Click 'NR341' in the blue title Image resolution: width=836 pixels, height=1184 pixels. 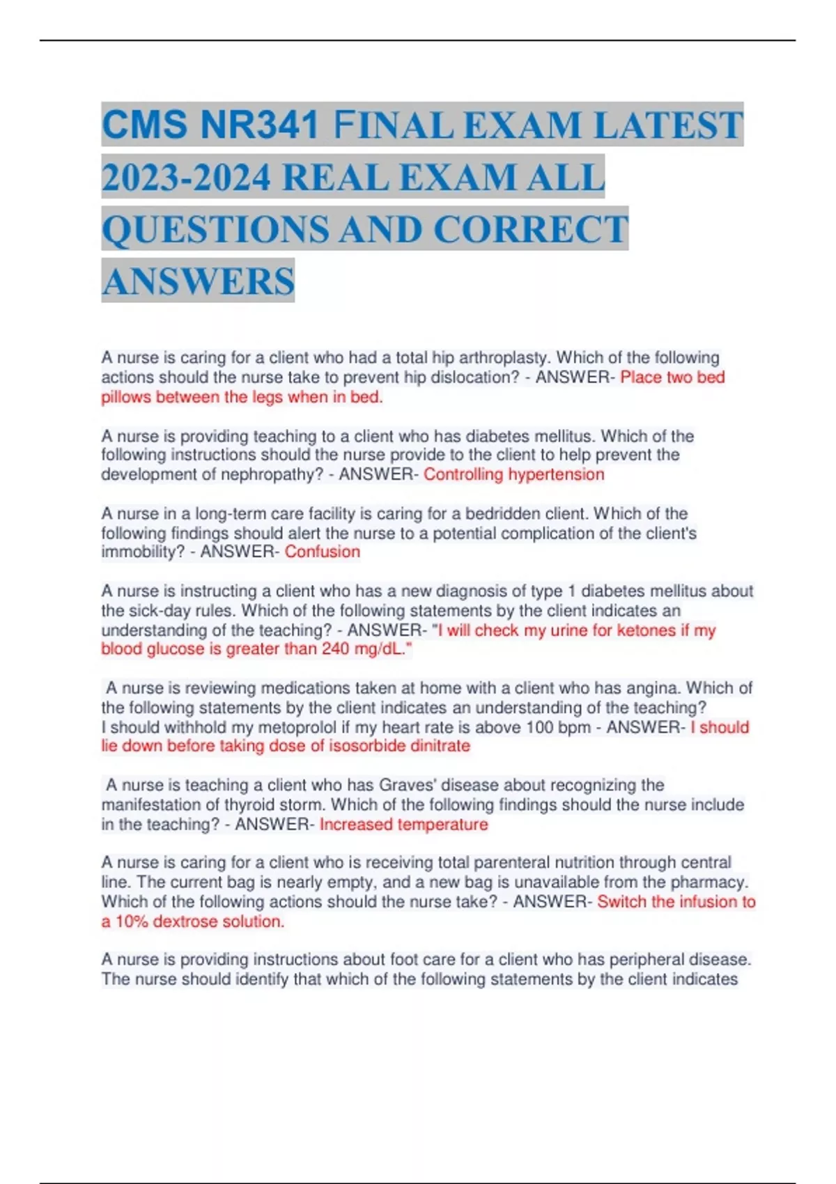(x=259, y=125)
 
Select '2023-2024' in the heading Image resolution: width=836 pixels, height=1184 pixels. (x=186, y=178)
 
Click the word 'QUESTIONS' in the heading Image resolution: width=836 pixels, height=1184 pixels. (x=215, y=230)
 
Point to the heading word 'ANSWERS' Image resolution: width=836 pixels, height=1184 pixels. (x=199, y=281)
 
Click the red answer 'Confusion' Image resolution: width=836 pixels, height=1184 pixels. (x=323, y=552)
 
